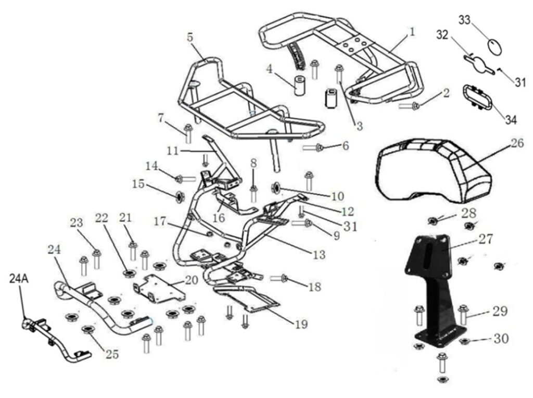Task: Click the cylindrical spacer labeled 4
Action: click(x=300, y=86)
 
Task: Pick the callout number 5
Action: click(x=189, y=38)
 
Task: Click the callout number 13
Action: click(x=319, y=255)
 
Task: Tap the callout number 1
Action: click(x=412, y=32)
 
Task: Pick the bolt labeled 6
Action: click(x=314, y=147)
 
